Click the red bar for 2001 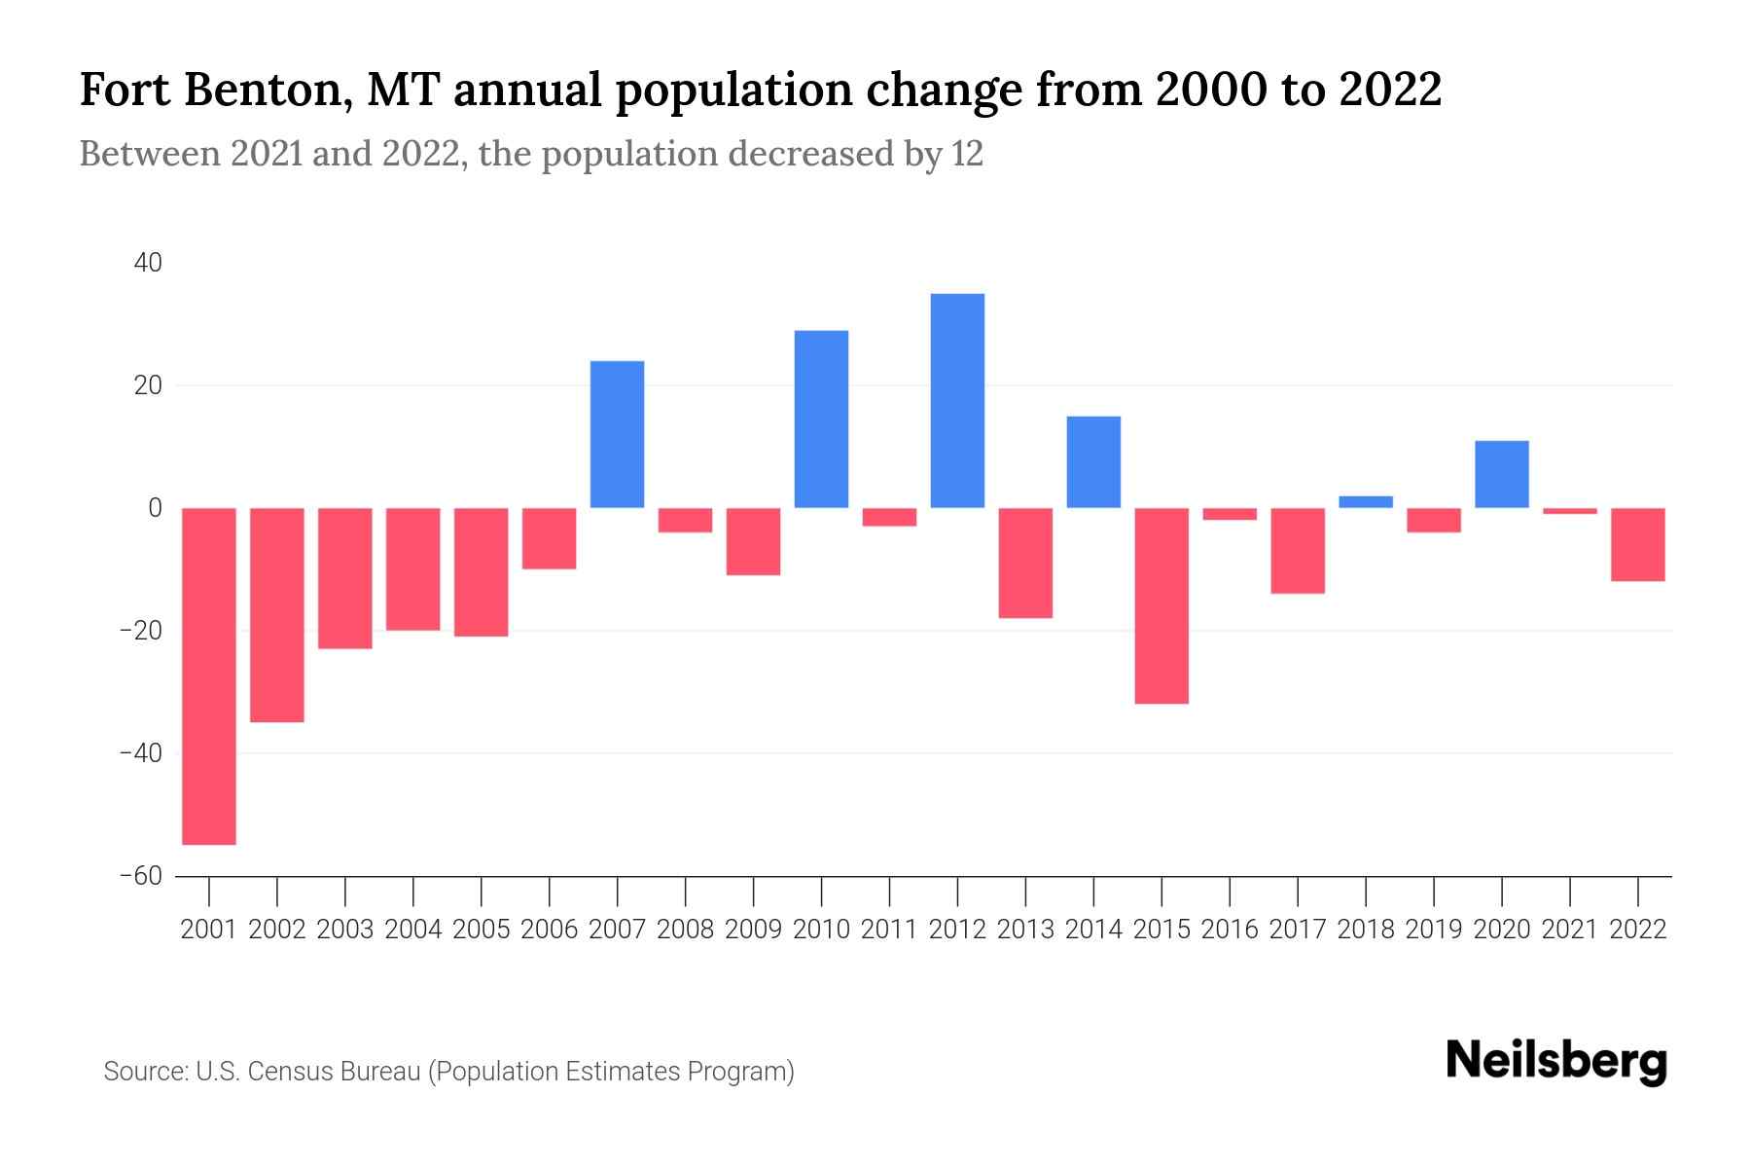click(209, 675)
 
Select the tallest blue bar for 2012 click(957, 400)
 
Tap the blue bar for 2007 click(617, 434)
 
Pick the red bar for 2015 click(1161, 605)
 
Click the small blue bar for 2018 click(1366, 502)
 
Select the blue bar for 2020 click(1502, 474)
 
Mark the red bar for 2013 click(1025, 563)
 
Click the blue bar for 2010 click(821, 419)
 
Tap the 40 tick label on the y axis click(149, 263)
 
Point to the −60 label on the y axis click(141, 876)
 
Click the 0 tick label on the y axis click(155, 508)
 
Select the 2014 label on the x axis click(1093, 930)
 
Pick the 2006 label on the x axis click(550, 930)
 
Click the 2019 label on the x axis click(1434, 930)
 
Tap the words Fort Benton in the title click(209, 90)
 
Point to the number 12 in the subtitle click(967, 154)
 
